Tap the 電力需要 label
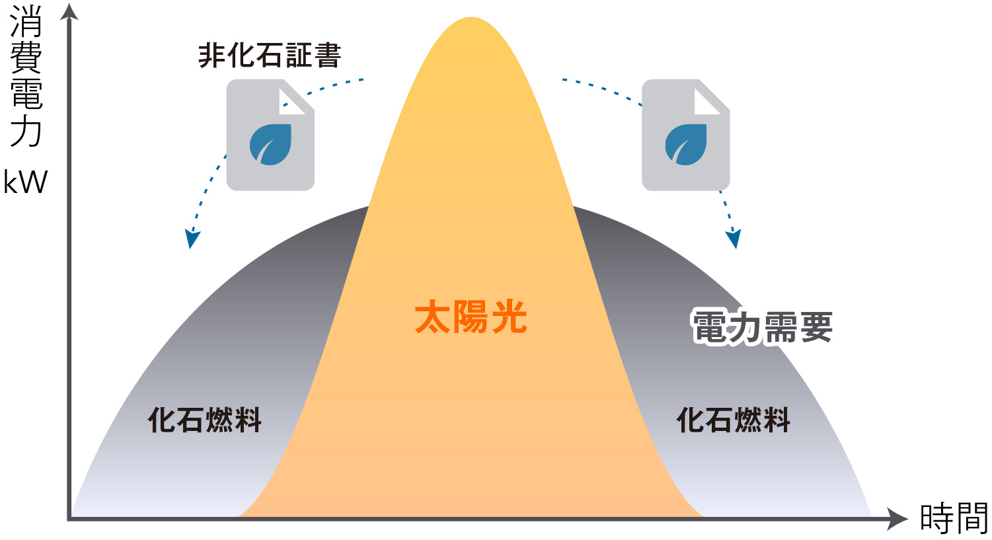click(761, 327)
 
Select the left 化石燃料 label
click(205, 420)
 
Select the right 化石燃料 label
click(734, 420)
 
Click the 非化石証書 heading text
click(270, 56)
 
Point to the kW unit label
click(26, 182)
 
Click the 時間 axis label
click(954, 518)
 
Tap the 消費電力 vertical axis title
click(26, 76)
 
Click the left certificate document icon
click(270, 135)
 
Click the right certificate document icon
click(686, 135)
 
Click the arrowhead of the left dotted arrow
click(192, 239)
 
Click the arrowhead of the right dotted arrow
click(734, 239)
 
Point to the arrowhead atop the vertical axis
click(69, 11)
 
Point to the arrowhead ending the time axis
click(897, 519)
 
